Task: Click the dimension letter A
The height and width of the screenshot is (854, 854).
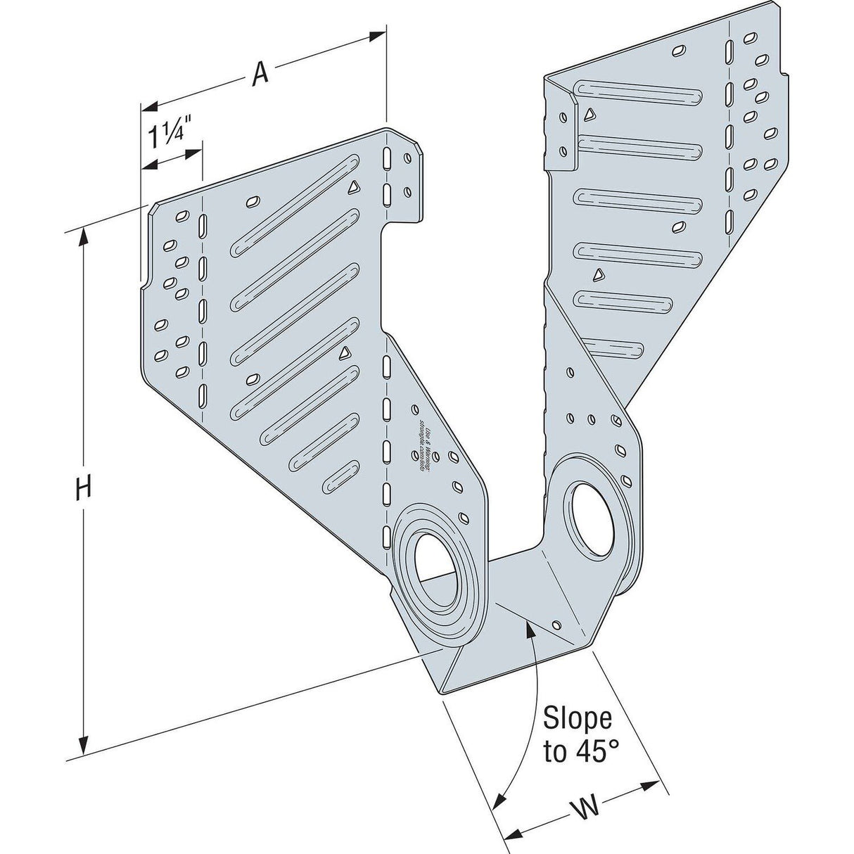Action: pos(260,74)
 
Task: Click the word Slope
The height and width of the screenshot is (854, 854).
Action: pos(578,720)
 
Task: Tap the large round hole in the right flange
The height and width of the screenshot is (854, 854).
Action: pos(587,508)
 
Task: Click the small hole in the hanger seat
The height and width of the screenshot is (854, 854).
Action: pos(556,625)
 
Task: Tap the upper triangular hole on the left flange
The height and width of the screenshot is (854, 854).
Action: pos(354,186)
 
